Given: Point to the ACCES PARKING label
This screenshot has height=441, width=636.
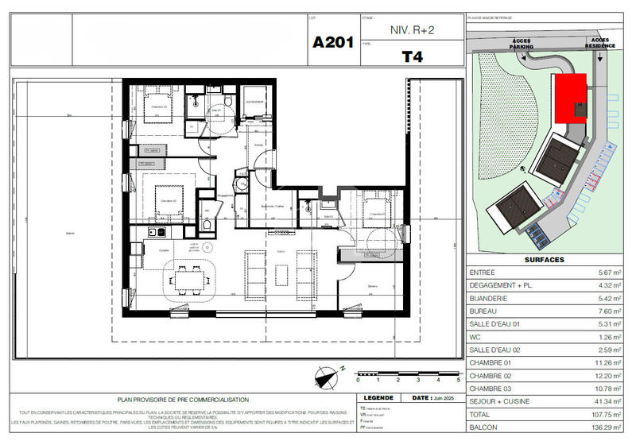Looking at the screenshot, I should coord(522,44).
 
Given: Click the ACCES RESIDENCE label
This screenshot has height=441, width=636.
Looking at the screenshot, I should coord(600,44).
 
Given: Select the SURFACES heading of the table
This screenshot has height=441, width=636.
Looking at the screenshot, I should coord(545,260).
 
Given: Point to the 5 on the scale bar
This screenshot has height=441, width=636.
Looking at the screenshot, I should coord(459,381).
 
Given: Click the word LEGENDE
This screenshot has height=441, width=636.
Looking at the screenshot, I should coord(378,398).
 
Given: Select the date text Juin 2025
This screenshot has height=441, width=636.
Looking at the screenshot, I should coord(444,398).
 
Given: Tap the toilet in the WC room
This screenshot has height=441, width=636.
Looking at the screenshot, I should coord(206,224).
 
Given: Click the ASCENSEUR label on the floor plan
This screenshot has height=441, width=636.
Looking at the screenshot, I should coord(254,102).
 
